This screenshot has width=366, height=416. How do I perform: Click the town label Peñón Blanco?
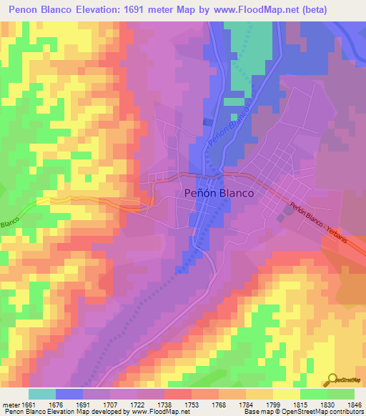click(219, 192)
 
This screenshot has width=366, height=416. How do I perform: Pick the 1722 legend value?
click(137, 404)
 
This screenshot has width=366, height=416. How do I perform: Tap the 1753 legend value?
click(192, 404)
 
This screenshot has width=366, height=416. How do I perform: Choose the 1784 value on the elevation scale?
click(246, 404)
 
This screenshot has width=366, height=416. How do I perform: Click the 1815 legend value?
click(300, 404)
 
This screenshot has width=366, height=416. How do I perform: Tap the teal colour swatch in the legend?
click(41, 394)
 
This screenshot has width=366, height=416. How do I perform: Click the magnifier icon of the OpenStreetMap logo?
click(332, 379)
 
